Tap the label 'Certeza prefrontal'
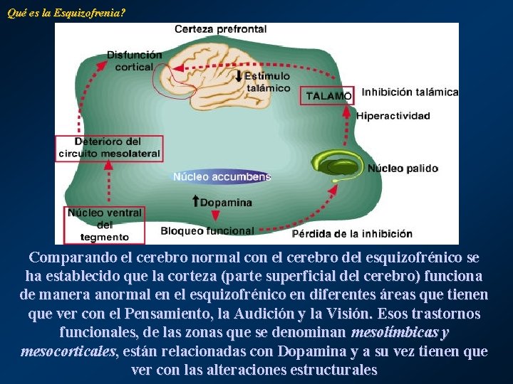(221, 29)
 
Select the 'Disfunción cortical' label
(134, 60)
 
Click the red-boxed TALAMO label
(328, 95)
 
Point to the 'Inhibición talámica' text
(410, 92)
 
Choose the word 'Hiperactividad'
(393, 115)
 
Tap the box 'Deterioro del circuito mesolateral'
(109, 148)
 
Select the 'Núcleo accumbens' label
(222, 176)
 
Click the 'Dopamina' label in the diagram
(226, 202)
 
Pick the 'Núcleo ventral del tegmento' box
(105, 225)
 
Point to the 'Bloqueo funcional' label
(207, 230)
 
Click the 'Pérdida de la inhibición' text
(352, 233)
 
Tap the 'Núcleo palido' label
(403, 169)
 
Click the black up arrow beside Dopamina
(196, 202)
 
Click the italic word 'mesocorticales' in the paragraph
(68, 351)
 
